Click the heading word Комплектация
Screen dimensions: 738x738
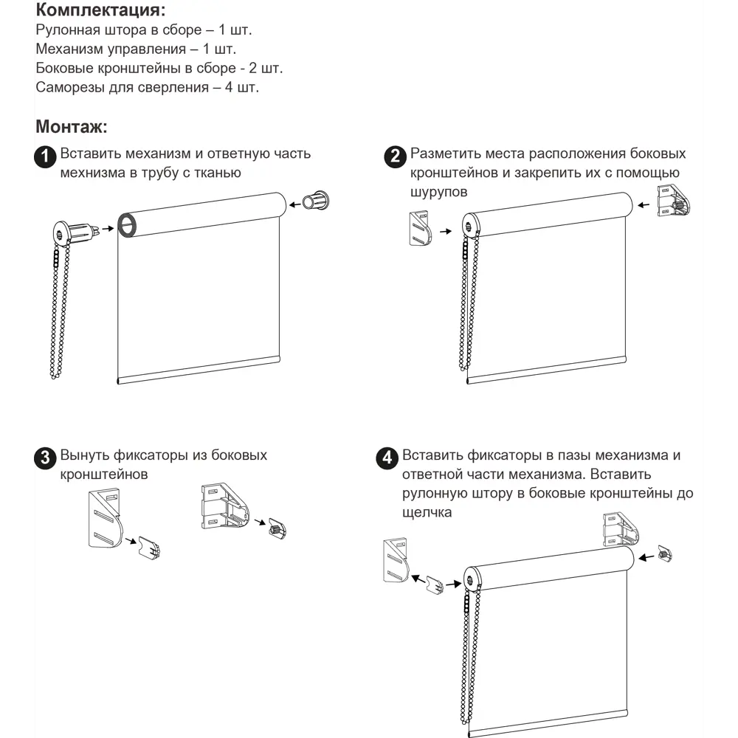coord(100,11)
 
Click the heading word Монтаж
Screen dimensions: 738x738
coord(71,127)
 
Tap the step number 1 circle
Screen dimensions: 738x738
coord(46,156)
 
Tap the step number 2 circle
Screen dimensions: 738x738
coord(396,156)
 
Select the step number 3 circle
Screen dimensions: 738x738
coord(46,458)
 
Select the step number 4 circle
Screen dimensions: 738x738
coord(387,458)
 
